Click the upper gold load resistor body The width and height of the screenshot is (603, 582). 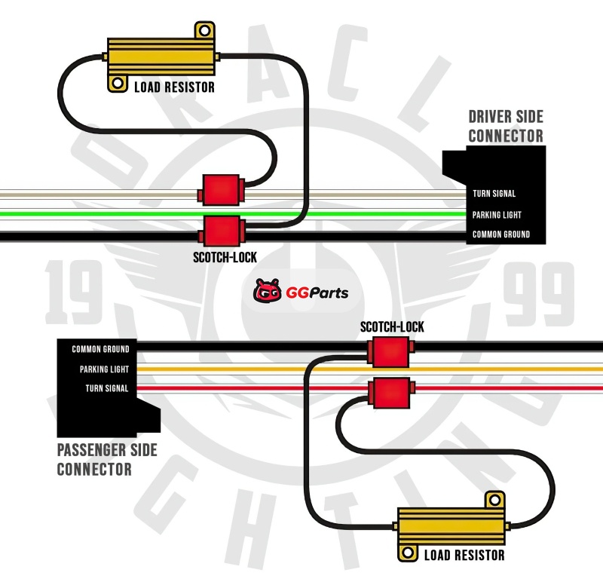(x=161, y=55)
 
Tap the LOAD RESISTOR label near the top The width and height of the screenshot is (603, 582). (x=174, y=87)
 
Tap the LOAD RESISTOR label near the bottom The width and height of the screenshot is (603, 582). (x=464, y=556)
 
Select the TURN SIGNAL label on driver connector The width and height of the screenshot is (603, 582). (x=494, y=194)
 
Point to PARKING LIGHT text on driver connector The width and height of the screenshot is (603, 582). (x=497, y=215)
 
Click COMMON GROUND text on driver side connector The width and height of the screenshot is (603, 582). (x=500, y=234)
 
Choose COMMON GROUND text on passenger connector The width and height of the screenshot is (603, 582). (x=100, y=349)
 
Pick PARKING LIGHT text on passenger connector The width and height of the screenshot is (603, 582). (x=104, y=369)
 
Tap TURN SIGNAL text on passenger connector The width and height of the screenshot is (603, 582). (x=106, y=389)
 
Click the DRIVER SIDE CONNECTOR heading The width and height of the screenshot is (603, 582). (x=506, y=126)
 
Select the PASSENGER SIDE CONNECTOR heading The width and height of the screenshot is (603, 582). (x=107, y=459)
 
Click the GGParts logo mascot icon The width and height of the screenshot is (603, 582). (x=268, y=290)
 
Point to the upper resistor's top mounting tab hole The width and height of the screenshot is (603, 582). (x=204, y=32)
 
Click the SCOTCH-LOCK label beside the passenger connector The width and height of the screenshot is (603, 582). (x=392, y=327)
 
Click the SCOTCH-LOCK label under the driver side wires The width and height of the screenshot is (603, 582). (x=225, y=258)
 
